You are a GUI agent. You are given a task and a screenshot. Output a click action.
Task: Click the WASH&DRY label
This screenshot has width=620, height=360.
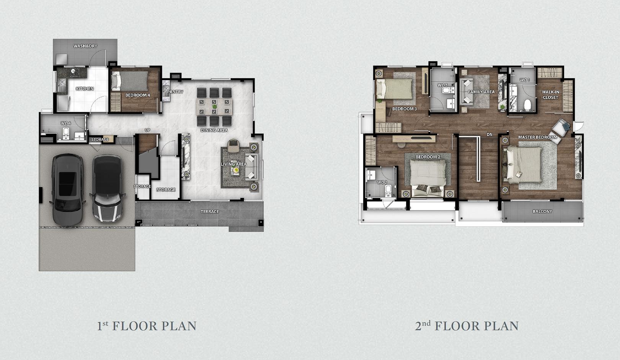click(85, 46)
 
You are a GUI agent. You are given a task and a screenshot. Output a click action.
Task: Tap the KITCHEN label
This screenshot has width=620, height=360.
click(85, 88)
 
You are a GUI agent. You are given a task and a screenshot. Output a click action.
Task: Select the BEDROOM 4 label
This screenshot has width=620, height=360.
click(137, 95)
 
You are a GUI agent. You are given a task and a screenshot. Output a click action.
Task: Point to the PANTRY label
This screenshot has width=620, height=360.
click(175, 92)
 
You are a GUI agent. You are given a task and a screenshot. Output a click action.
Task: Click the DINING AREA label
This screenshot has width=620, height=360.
click(214, 130)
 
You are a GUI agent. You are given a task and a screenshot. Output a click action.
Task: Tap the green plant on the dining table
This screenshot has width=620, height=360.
click(214, 106)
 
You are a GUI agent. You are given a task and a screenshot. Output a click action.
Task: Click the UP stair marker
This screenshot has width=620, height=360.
click(147, 130)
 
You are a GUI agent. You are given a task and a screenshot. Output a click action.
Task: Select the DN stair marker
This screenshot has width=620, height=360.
click(489, 134)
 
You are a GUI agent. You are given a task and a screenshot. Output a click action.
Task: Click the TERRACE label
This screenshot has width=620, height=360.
click(209, 211)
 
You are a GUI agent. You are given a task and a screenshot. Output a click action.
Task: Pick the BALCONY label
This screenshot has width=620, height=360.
click(542, 211)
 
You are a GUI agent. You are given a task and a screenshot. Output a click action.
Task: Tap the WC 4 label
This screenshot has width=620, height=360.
click(66, 123)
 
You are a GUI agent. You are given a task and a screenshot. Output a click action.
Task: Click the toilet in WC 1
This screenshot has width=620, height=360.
click(527, 105)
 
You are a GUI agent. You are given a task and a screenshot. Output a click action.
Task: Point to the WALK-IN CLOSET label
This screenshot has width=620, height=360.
click(550, 95)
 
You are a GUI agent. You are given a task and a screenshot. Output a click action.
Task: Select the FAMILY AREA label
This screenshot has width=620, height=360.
click(481, 92)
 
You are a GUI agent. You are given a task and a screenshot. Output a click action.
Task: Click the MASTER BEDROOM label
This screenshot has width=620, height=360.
click(537, 137)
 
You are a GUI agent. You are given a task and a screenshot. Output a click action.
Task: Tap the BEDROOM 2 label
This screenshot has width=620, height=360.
click(427, 157)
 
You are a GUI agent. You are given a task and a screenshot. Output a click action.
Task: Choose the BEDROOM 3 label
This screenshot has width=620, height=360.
click(405, 109)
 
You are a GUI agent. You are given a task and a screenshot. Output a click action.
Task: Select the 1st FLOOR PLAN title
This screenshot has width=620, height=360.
click(147, 326)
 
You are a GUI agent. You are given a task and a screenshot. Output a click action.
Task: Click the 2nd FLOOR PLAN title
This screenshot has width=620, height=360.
click(467, 326)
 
